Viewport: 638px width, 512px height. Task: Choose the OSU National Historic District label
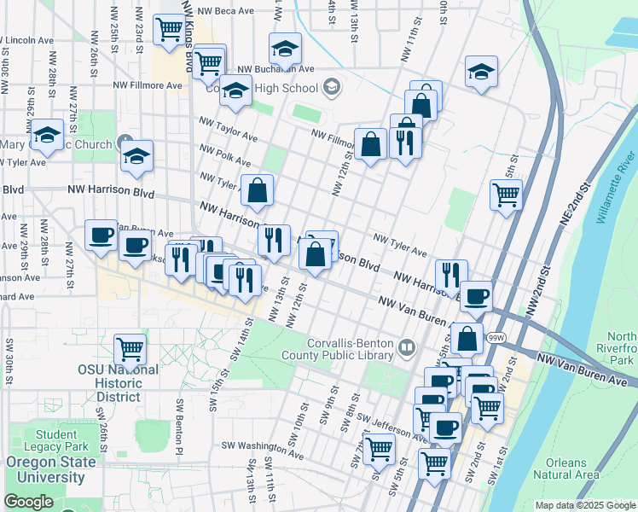point(118,383)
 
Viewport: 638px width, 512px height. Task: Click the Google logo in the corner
point(28,502)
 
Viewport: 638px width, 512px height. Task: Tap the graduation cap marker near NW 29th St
point(47,136)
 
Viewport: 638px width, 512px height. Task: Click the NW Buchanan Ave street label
point(275,69)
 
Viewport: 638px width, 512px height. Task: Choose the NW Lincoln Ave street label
point(29,40)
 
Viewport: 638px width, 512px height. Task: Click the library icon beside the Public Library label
point(407,346)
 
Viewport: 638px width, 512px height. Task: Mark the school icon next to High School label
point(330,87)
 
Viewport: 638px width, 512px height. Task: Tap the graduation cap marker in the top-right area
point(481,73)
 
